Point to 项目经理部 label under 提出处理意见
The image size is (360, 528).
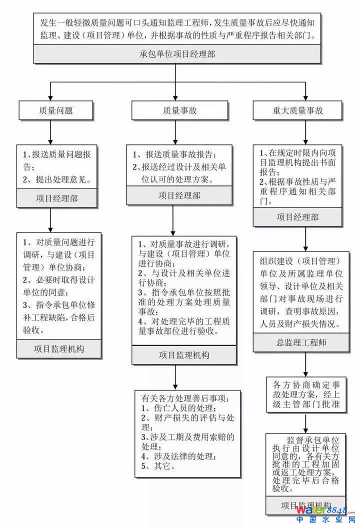coord(56,198)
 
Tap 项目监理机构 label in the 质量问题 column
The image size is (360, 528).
coord(59,348)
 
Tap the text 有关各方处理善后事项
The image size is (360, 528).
coord(184,398)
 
